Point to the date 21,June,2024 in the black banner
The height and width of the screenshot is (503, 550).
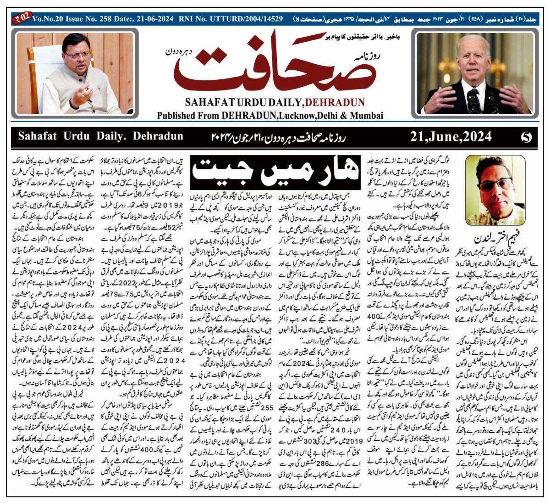pos(451,136)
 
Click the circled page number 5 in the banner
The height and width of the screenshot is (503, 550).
pos(526,137)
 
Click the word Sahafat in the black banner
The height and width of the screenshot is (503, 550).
pos(40,136)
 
